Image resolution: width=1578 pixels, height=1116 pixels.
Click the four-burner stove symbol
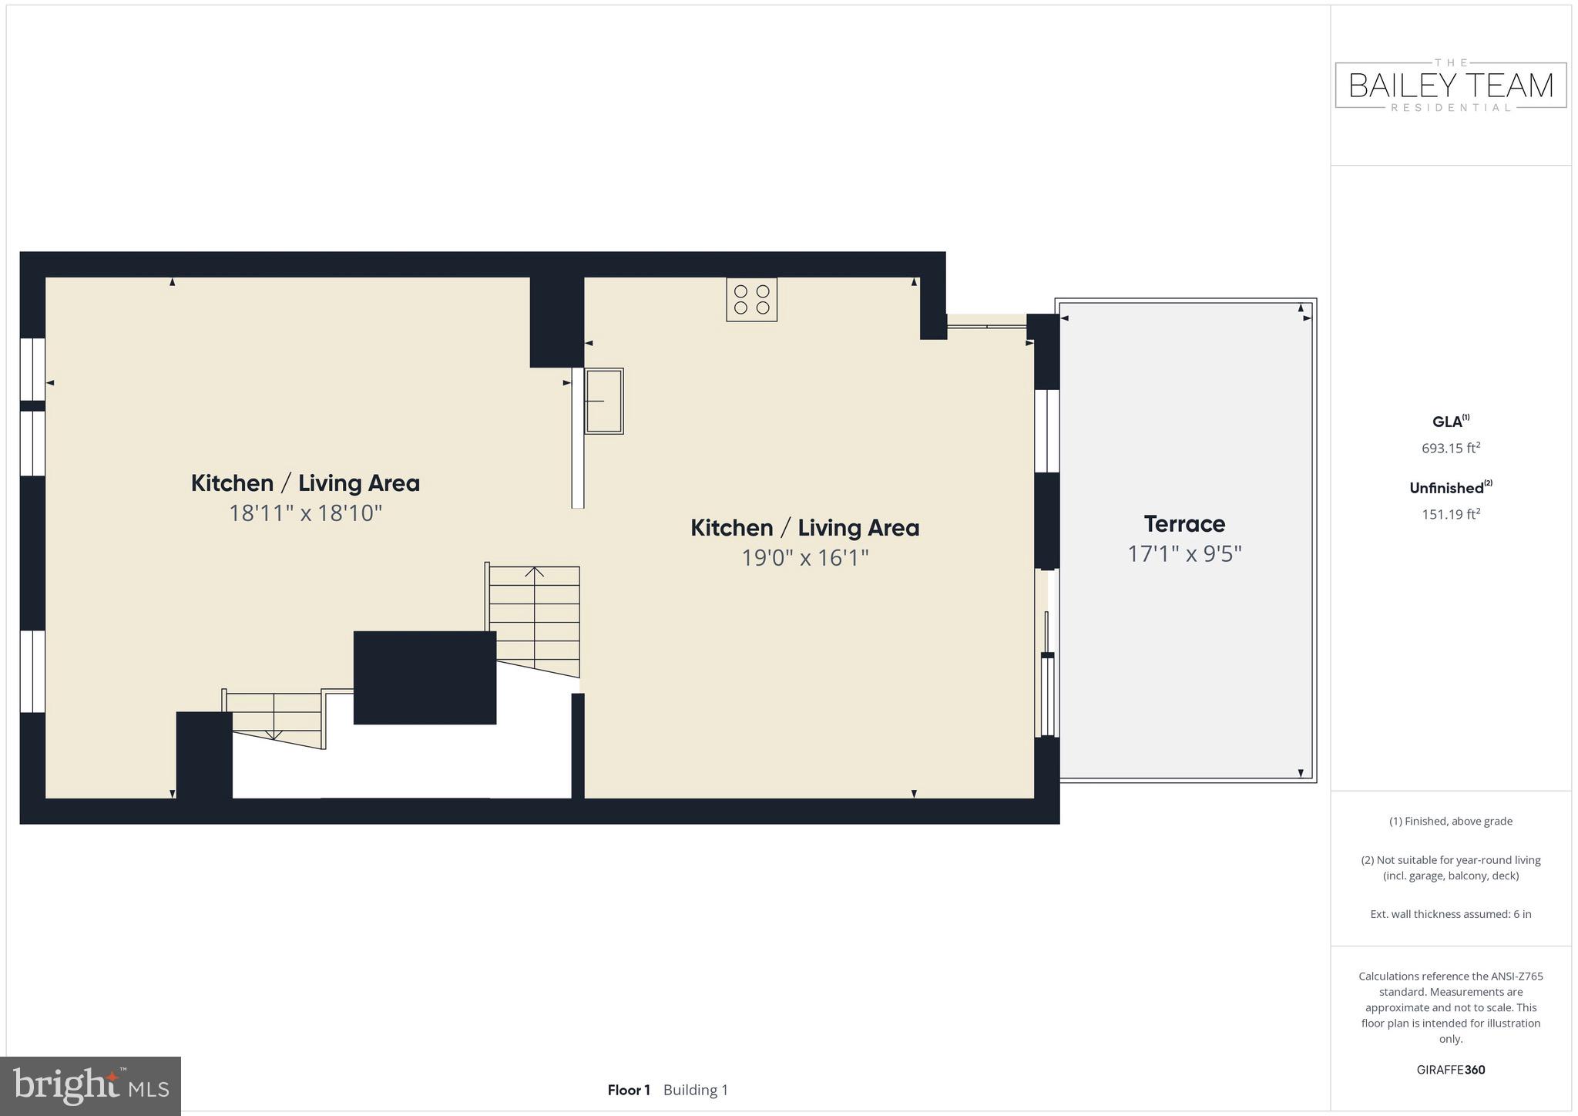[x=751, y=300]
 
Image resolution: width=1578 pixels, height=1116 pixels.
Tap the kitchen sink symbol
[x=603, y=401]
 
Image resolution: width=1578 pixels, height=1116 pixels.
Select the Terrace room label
[x=1184, y=524]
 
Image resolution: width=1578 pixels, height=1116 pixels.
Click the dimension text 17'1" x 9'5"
[x=1184, y=554]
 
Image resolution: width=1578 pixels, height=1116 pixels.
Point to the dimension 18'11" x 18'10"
[x=305, y=513]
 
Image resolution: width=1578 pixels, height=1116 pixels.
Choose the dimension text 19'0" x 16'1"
[x=804, y=558]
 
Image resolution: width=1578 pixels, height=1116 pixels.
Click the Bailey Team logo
[x=1450, y=86]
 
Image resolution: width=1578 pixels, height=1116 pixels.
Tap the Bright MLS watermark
[x=90, y=1086]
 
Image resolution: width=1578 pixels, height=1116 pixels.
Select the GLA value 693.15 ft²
[x=1450, y=448]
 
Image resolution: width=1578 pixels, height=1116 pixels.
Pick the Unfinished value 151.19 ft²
[x=1450, y=514]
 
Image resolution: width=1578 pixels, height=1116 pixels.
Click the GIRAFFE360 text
[x=1450, y=1070]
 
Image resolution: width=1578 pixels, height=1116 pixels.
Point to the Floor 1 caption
[x=629, y=1090]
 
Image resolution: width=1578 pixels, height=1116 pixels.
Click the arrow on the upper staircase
[x=535, y=572]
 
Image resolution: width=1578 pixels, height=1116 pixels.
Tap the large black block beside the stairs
[x=425, y=677]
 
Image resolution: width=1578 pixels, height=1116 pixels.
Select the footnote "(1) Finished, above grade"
[x=1450, y=822]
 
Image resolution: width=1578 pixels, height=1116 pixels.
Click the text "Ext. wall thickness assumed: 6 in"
[x=1450, y=914]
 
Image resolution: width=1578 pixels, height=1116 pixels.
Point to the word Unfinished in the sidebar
[x=1446, y=488]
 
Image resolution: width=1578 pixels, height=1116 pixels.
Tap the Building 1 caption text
[x=695, y=1090]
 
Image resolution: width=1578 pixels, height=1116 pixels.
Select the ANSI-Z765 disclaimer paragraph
[x=1450, y=1007]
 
